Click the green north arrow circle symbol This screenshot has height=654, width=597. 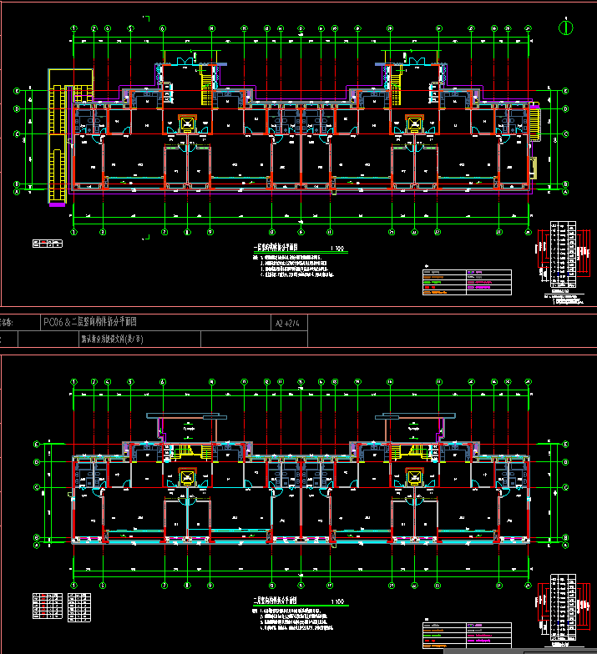566,26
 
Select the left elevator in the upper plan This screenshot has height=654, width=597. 187,124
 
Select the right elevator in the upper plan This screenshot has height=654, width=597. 413,124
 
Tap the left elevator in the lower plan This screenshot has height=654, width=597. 187,477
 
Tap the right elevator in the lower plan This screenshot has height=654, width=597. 413,477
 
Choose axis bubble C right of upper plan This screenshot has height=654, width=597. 565,133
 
